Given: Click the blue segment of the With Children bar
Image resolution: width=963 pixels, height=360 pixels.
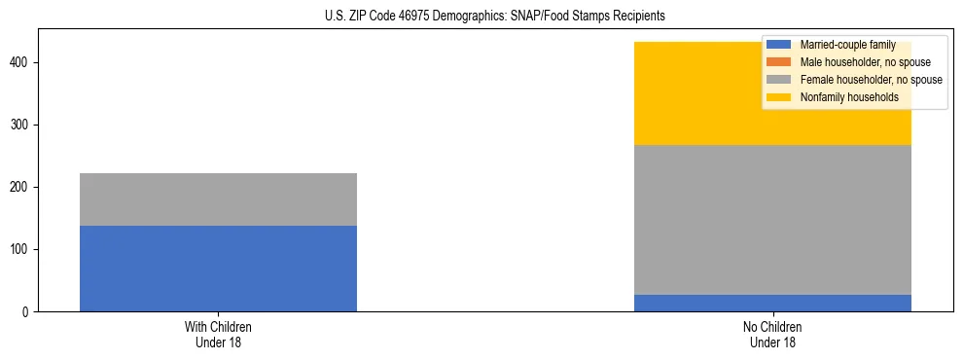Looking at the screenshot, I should tap(218, 269).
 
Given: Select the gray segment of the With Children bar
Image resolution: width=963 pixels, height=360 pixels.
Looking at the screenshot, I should tap(218, 199).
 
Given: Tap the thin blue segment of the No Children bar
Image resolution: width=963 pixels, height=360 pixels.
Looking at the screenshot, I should tap(772, 303).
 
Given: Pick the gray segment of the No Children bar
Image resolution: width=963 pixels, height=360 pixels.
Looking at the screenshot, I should tap(772, 220).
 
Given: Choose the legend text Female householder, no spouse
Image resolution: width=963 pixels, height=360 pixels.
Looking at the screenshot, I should tap(871, 80).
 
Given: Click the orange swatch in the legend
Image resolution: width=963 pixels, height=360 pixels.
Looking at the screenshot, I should tap(779, 62).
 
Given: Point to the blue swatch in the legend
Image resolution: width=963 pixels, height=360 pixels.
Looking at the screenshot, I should tap(779, 45).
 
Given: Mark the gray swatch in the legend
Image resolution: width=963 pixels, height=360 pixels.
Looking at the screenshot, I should tap(779, 80).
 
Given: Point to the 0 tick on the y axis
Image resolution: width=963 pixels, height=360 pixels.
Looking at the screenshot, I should tap(29, 312).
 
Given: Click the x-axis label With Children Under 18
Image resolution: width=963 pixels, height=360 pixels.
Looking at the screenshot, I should tap(218, 334).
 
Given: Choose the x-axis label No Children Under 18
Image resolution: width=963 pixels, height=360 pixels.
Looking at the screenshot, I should tap(772, 334).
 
